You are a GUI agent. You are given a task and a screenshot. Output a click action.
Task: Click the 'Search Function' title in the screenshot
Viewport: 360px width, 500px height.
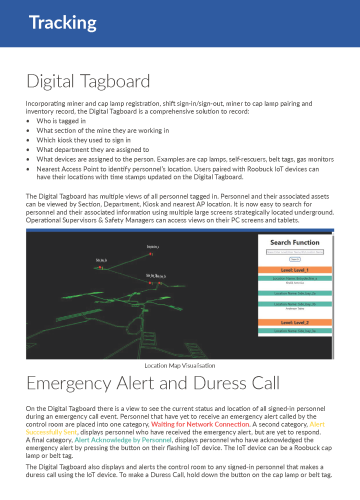point(294,243)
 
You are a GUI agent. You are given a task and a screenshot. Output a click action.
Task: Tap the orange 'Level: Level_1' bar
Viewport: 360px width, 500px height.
point(294,271)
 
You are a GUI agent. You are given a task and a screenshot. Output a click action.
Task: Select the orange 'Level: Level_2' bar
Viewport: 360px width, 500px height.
point(294,323)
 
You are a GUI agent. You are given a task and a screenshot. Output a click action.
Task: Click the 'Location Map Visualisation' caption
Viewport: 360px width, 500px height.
point(180,367)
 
